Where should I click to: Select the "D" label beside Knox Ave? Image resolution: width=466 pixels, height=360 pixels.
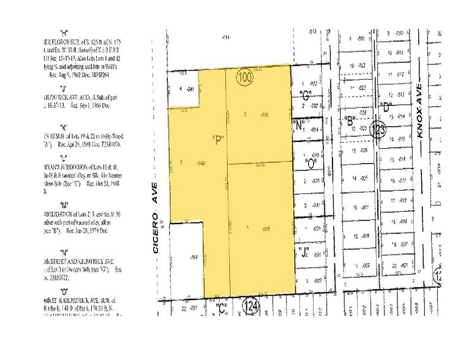tap(386, 108)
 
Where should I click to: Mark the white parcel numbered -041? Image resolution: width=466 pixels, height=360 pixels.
tap(184, 91)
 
